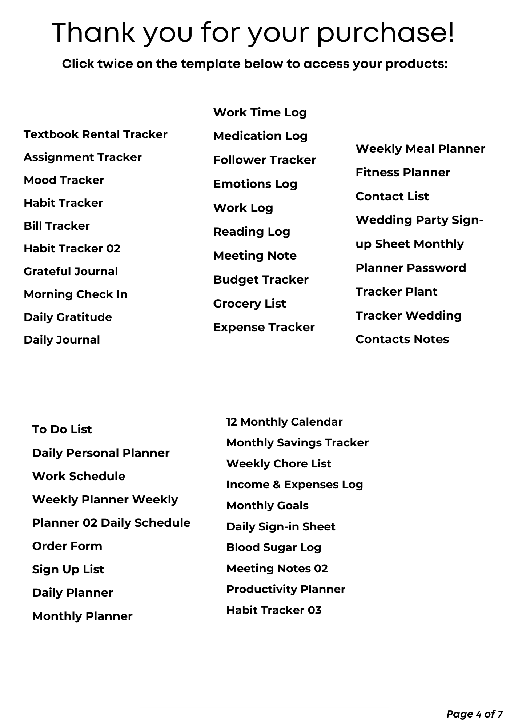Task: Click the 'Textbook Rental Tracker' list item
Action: point(95,134)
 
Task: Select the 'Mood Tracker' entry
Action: point(64,180)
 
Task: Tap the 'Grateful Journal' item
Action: point(71,272)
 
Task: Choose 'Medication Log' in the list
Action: point(260,136)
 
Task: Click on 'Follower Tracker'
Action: point(264,160)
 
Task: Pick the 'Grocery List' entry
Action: point(249,304)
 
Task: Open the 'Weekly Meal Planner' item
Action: point(420,149)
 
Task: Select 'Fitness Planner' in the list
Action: point(403,173)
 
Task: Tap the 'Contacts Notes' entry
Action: point(402,340)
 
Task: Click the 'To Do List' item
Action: point(62,430)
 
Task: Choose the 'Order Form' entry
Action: point(67,546)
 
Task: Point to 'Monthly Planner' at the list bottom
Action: point(82,616)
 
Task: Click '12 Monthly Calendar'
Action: point(284,422)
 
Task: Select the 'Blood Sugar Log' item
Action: point(274,548)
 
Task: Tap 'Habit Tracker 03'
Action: point(274,610)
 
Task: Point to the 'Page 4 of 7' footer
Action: point(474,714)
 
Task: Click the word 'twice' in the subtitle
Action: point(115,64)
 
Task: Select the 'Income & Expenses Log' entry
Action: point(294,485)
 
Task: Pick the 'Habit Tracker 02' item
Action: point(72,249)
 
